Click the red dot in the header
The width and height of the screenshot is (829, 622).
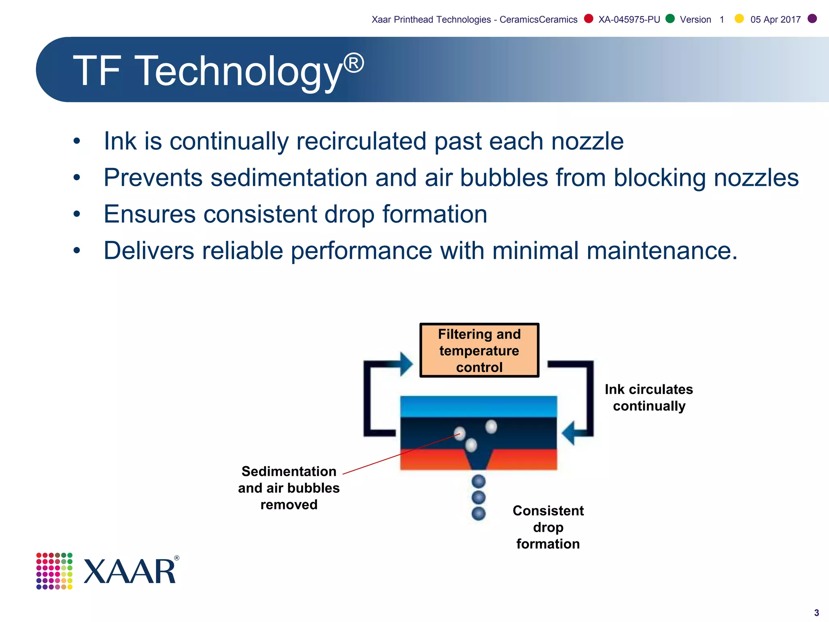tap(589, 19)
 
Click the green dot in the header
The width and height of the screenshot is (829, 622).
tap(670, 19)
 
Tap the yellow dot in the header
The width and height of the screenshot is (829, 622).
tap(739, 19)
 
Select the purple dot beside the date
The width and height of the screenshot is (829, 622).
tap(812, 19)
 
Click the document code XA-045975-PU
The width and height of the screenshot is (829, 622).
tap(629, 19)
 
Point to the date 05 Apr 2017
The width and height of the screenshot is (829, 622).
tap(775, 19)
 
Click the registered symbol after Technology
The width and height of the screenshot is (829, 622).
tap(354, 64)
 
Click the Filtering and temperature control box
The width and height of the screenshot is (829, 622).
tap(479, 350)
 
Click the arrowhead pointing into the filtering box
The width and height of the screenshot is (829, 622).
tap(406, 364)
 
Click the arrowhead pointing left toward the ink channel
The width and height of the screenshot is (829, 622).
tap(569, 433)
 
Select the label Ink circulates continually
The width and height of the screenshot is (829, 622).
tap(649, 397)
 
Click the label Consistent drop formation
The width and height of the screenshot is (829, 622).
tap(548, 527)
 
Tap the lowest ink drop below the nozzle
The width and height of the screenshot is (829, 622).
tap(478, 513)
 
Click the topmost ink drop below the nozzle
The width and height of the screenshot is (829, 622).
tap(478, 481)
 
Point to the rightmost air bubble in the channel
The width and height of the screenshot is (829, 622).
tap(491, 426)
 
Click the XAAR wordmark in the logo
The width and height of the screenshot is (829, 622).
tap(130, 571)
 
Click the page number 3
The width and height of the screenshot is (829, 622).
tap(816, 613)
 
